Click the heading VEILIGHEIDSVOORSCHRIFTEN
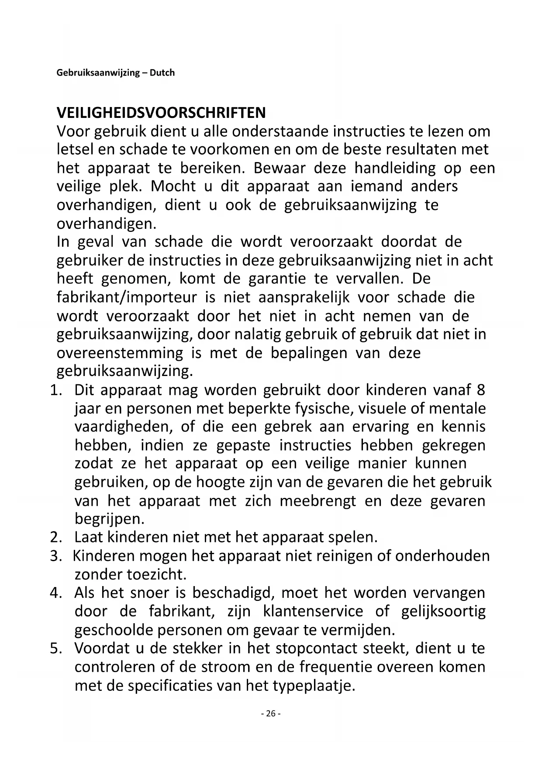click(x=161, y=113)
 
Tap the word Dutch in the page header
click(x=162, y=72)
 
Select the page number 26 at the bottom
click(x=271, y=714)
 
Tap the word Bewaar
click(x=280, y=168)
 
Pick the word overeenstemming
click(x=120, y=353)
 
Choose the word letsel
click(x=75, y=149)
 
